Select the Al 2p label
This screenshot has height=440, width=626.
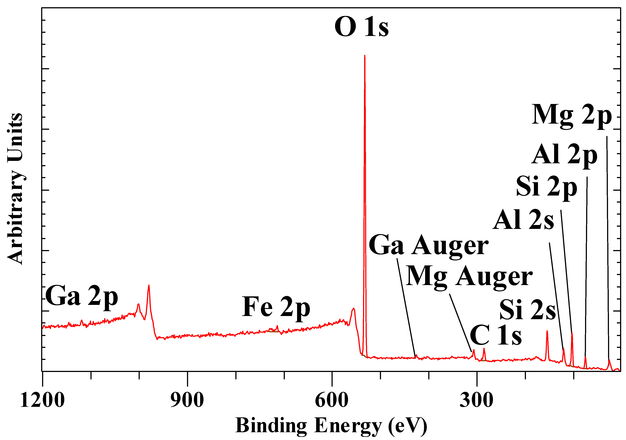coord(564,155)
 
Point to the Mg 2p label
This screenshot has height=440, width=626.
coord(572,116)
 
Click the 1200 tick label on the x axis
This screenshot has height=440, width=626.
coord(42,401)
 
